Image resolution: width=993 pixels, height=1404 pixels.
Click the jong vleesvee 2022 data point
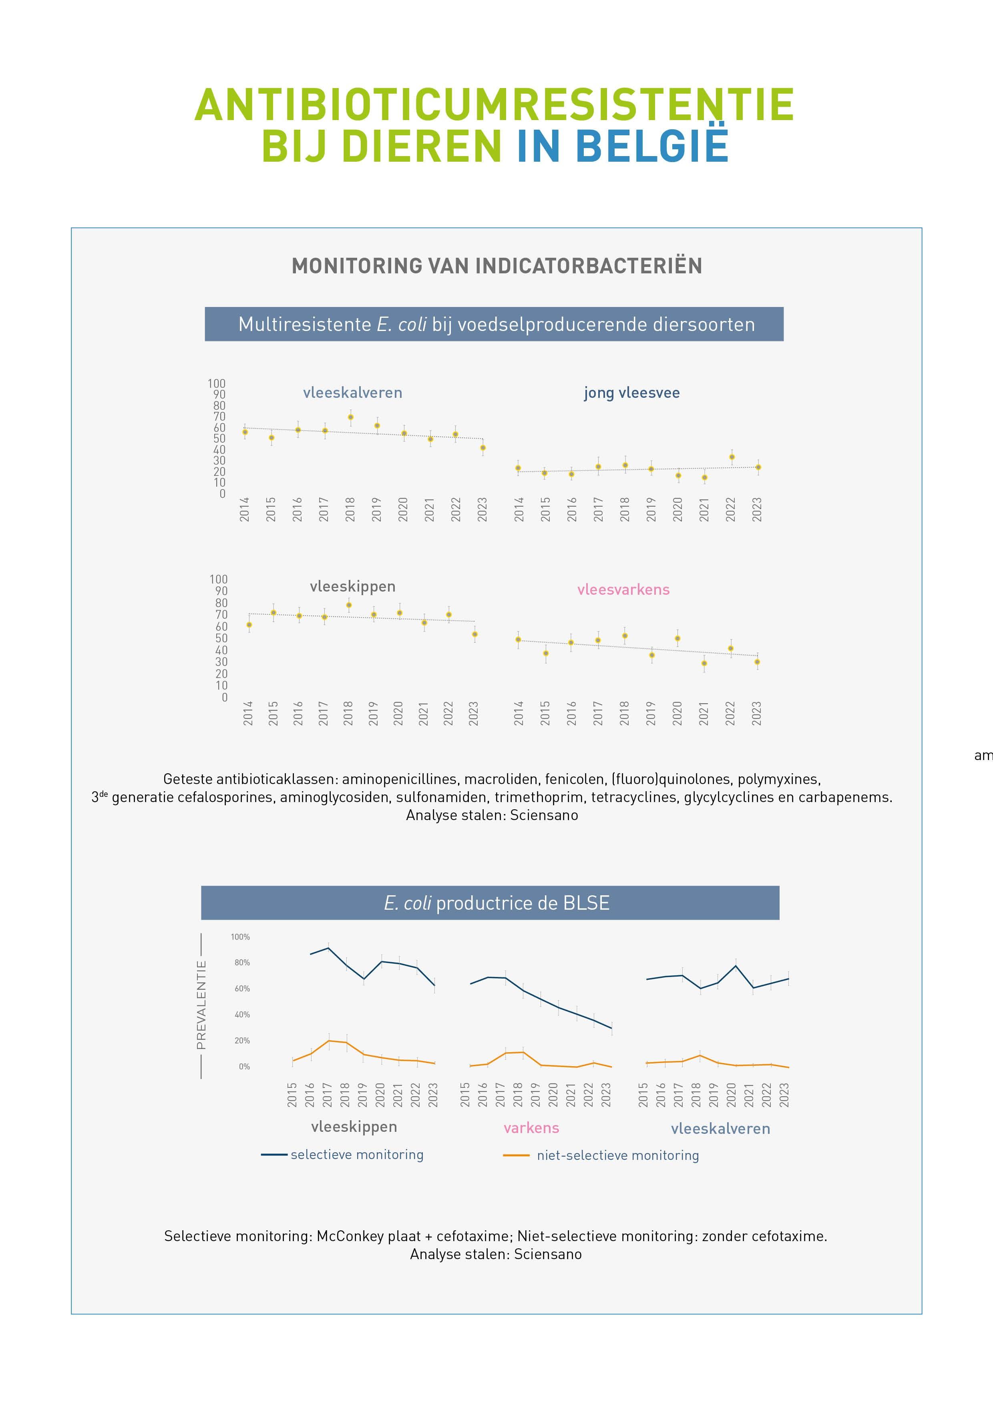click(732, 457)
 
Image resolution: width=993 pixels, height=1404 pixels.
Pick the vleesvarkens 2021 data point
click(704, 663)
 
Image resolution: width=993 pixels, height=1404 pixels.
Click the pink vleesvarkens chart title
click(623, 590)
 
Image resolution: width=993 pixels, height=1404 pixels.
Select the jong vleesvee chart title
click(631, 393)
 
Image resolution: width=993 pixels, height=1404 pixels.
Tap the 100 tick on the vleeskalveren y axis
click(217, 383)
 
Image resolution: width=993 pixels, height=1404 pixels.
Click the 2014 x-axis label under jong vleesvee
click(519, 509)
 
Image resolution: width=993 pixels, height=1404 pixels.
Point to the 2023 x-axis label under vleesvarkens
click(757, 713)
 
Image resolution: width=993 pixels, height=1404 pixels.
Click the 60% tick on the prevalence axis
click(242, 989)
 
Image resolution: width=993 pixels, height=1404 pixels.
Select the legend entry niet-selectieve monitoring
click(617, 1155)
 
